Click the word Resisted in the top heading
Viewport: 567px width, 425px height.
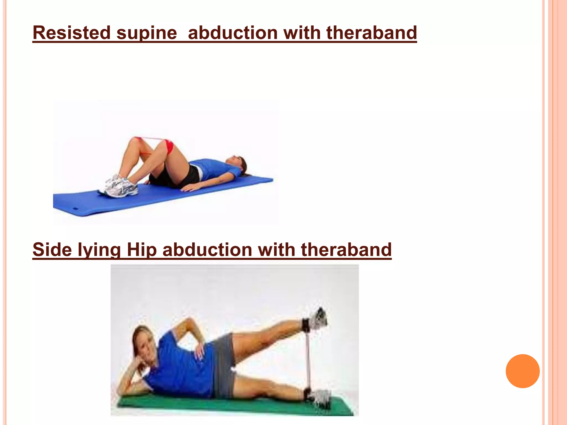coord(71,33)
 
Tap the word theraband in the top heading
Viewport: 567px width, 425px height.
coord(371,33)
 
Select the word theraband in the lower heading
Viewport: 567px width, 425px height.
coord(346,250)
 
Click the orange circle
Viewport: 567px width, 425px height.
coord(522,371)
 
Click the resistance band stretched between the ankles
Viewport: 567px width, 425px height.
coord(308,360)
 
